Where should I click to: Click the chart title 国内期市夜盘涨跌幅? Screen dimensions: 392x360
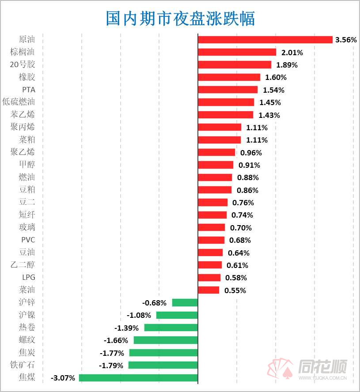coord(180,19)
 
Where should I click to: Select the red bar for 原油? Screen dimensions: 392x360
coord(265,40)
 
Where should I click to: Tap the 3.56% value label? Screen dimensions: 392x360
coord(346,40)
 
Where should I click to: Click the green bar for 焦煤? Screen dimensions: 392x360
coord(138,378)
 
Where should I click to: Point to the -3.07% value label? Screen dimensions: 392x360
coord(63,378)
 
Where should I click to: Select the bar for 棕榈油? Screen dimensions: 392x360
coord(237,52)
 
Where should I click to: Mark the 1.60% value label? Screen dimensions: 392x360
coord(276,77)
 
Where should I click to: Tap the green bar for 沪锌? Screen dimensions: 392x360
coord(185,302)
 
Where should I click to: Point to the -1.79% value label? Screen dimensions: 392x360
coord(111,366)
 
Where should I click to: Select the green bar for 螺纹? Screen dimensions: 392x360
coord(166,340)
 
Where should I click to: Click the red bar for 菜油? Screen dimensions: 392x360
coord(208,290)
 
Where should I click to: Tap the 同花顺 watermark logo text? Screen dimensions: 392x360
coord(322,366)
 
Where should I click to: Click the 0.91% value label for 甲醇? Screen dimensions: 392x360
coord(249,165)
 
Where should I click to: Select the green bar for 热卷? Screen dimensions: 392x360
coord(171,328)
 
